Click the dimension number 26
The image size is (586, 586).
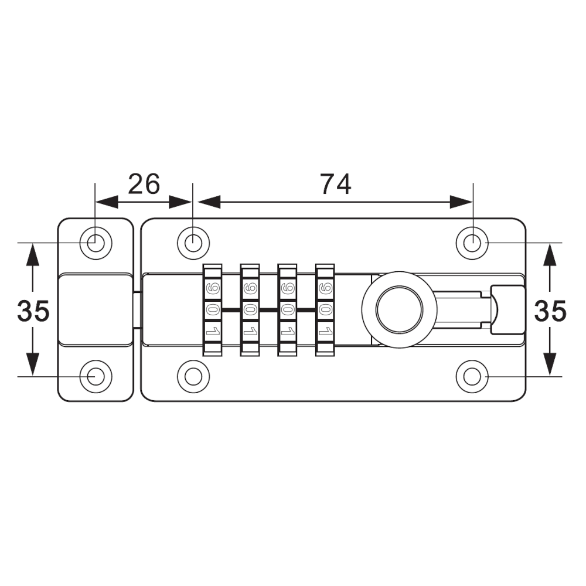(144, 184)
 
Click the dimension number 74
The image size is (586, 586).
(335, 184)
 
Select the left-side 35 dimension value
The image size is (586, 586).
(33, 311)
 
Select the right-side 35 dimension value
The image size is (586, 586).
(550, 311)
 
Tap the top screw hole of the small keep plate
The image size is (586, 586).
(94, 241)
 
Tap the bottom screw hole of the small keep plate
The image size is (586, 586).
(94, 376)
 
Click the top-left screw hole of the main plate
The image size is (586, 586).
(194, 241)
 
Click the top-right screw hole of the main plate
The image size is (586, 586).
(472, 241)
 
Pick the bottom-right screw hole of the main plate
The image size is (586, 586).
(472, 376)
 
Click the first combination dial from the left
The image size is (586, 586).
(213, 310)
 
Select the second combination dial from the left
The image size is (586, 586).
(250, 310)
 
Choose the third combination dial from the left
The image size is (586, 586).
(288, 310)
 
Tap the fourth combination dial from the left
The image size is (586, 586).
(326, 310)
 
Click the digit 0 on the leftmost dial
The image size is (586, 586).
(213, 310)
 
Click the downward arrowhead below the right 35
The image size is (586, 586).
(550, 364)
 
